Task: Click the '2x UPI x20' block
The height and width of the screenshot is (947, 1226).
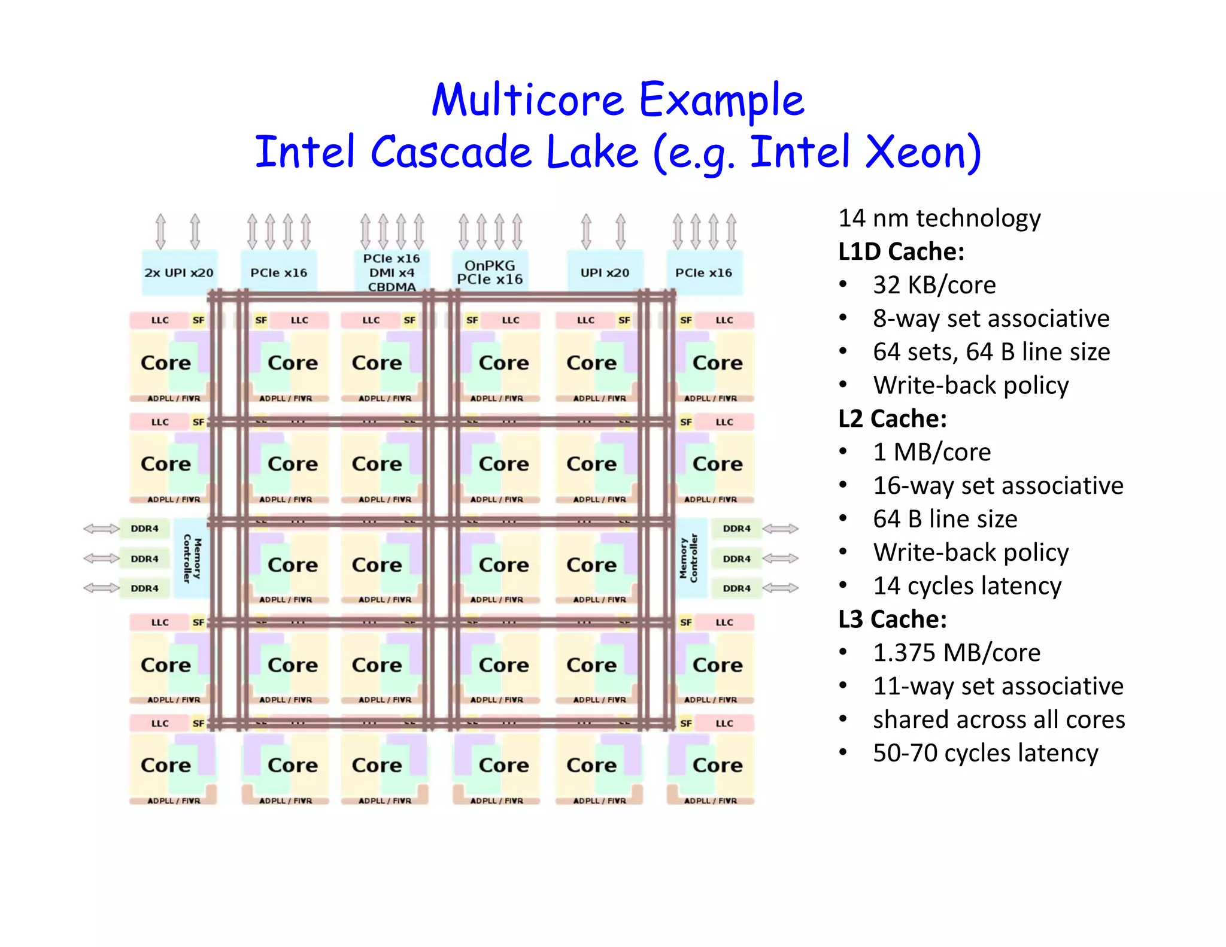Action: pos(179,272)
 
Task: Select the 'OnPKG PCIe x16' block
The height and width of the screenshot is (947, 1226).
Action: pos(490,272)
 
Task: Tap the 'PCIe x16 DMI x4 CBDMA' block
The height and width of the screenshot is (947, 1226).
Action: pos(392,272)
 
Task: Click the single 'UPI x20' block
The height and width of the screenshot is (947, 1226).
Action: pos(605,272)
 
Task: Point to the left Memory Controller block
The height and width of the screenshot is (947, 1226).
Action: pos(192,558)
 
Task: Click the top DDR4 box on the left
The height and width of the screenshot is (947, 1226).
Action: pos(145,529)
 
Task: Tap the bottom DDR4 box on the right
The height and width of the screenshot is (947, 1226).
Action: pos(736,588)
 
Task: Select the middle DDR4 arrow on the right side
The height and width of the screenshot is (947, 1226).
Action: pos(780,558)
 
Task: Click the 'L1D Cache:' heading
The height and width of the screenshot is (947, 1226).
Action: pos(901,251)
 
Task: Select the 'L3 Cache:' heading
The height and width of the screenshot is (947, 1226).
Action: pos(892,619)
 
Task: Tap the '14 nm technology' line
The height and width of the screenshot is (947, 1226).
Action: pos(939,218)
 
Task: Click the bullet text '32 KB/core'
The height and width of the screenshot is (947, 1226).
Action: pos(934,285)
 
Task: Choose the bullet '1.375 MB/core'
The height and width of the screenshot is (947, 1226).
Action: pos(956,652)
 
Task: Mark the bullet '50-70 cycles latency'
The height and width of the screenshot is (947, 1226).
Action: pos(985,752)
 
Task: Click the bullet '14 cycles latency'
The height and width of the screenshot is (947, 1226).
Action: pos(967,585)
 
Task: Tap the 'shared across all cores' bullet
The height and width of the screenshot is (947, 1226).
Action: pos(999,719)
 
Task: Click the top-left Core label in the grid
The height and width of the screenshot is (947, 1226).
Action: pos(166,363)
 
